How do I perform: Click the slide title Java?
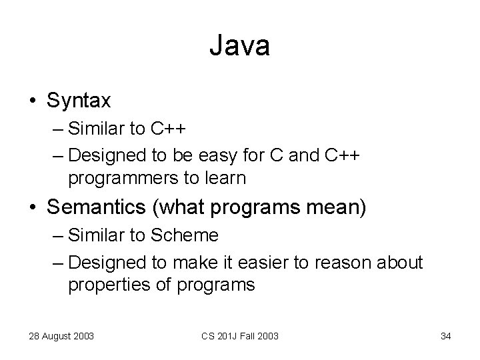(239, 47)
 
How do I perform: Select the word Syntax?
(79, 101)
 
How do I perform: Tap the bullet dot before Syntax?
(32, 101)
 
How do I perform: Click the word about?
(397, 263)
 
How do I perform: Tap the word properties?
(103, 285)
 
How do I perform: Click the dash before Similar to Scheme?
(57, 236)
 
